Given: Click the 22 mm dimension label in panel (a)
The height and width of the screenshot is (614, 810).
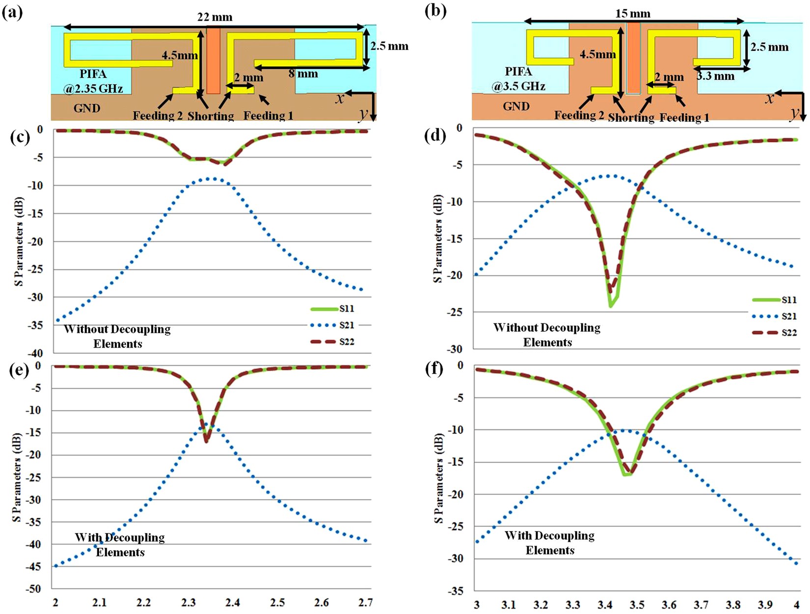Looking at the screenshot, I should point(215,17).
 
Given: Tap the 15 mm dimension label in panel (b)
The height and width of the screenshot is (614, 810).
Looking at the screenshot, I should point(632,13).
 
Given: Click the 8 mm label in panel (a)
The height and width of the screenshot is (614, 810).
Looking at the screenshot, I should point(303,74).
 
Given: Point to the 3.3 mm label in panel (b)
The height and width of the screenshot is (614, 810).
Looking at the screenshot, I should point(715,76).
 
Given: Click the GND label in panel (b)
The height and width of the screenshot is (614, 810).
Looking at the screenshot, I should point(516,106).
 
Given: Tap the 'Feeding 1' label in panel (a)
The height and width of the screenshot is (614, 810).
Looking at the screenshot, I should point(268,116).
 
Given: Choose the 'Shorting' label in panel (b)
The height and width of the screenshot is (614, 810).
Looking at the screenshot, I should point(631,118).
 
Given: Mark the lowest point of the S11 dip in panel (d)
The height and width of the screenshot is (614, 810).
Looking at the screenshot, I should point(610,306).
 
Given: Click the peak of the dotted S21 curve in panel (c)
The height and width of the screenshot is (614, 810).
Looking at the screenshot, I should point(211,179).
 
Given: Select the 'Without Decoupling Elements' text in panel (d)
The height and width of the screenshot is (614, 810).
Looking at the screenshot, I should point(547,335).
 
